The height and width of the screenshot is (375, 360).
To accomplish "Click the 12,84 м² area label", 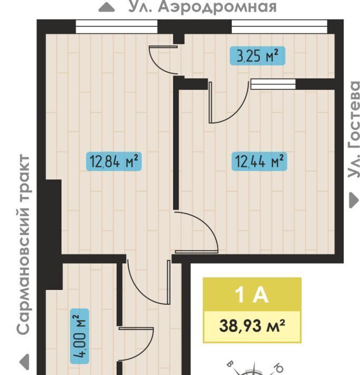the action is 114,162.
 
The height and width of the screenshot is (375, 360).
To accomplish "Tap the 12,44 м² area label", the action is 259,162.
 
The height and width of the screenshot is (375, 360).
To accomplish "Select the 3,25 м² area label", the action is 258,56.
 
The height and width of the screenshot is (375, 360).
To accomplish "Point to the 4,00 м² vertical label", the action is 80,336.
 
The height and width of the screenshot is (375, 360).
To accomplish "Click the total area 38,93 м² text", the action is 252,326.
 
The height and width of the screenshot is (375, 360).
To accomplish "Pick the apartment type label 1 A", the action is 252,295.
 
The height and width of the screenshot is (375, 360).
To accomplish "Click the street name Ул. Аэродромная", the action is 203,6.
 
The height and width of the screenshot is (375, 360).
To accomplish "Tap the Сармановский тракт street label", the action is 24,244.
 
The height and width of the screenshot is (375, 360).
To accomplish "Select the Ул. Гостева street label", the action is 354,129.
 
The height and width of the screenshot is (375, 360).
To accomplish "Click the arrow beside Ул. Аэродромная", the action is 107,7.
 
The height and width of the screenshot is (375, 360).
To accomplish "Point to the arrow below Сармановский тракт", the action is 24,362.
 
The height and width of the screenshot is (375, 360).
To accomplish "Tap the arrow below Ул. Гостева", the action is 354,200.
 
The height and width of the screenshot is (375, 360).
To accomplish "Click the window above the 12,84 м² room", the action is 117,26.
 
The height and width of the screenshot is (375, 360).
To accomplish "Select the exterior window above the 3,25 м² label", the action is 279,26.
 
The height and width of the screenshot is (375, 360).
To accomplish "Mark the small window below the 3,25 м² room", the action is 273,84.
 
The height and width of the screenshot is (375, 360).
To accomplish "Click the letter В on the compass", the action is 230,364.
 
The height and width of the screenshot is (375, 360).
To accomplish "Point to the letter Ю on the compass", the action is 278,367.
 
